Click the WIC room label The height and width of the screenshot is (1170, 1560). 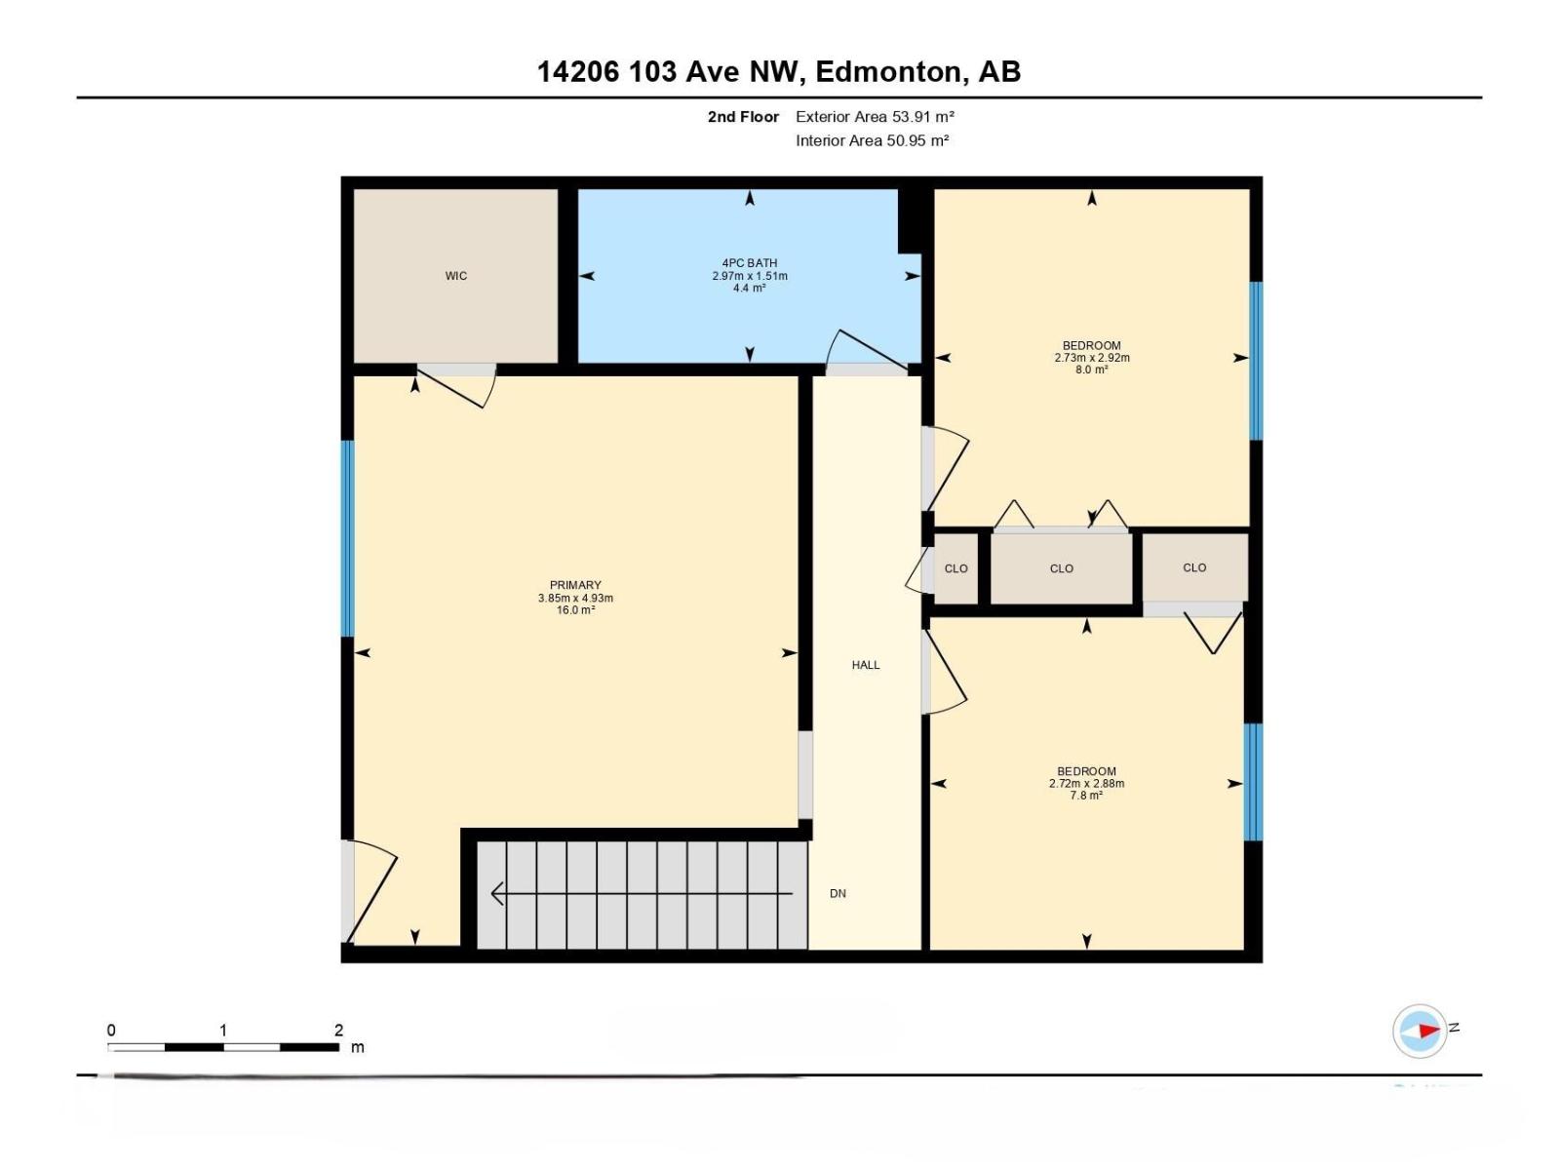click(455, 276)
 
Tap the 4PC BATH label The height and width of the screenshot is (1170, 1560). click(749, 263)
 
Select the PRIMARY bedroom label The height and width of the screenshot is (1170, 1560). click(575, 586)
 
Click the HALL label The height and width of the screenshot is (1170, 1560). click(865, 665)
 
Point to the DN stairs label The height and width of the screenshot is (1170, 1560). click(838, 893)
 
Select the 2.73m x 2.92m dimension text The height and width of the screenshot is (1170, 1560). click(1091, 358)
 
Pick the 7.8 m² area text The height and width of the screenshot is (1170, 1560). click(1086, 796)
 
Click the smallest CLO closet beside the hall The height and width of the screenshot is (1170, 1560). click(955, 568)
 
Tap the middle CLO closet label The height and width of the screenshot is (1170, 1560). click(1061, 568)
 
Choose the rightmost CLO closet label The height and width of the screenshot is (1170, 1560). click(1194, 567)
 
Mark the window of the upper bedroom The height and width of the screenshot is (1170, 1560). click(1256, 361)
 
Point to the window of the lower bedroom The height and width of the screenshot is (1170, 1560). click(1253, 782)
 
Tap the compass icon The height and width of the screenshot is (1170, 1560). click(1420, 1031)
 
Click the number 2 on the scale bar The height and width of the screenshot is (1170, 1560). click(338, 1031)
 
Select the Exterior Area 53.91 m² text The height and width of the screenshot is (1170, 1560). click(874, 117)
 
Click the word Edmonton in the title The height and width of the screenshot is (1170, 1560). click(887, 72)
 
